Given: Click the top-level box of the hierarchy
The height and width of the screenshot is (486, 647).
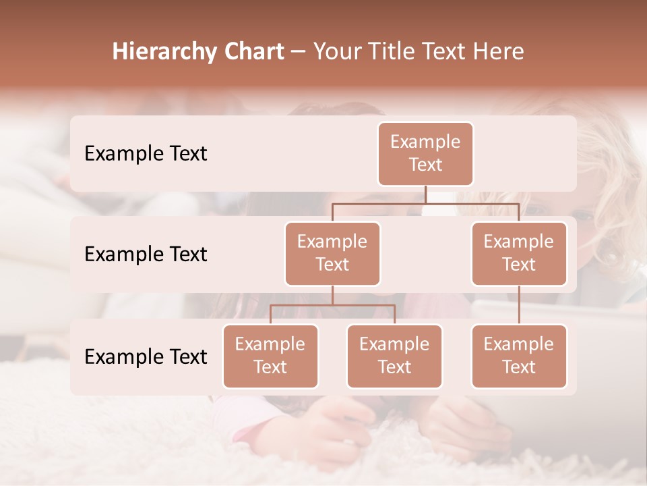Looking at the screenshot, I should coord(425,154).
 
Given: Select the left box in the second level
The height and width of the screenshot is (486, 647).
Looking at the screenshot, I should coord(332,253).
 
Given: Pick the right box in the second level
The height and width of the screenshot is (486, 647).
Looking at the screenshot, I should coord(518,253).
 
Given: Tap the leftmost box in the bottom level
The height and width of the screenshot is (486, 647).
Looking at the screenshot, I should coord(270,356).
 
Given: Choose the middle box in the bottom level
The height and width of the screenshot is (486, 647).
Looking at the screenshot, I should coord(394,356).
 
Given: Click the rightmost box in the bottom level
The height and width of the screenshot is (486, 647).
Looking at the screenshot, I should coord(518,356).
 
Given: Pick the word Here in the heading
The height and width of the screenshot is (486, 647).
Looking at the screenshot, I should coord(497,51).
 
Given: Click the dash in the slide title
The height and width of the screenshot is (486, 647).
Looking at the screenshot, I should coord(298,53).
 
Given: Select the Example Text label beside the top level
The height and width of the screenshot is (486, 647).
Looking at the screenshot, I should coord(146,153).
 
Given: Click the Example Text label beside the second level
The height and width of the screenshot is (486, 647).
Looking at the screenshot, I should coord(146,254).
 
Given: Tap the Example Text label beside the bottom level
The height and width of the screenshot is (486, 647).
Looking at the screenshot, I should coord(146,356).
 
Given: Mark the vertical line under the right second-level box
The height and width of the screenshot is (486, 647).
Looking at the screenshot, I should coord(519,305).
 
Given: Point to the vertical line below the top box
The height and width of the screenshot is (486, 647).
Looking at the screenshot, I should coord(425,194).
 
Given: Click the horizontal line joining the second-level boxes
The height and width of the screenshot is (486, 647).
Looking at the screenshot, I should coord(425,203).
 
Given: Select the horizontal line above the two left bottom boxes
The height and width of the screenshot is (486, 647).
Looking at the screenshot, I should coord(332,305).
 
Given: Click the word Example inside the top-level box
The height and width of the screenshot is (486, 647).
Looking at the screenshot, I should coord(425,142).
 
